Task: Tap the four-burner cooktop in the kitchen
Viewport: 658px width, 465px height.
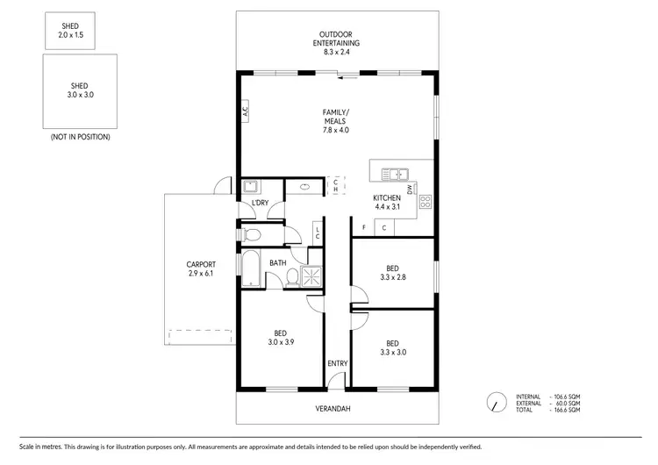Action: coord(426,203)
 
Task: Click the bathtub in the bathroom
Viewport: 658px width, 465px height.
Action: coord(249,268)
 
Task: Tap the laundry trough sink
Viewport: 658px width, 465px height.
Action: coord(249,186)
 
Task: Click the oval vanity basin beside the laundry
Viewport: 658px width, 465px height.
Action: coord(304,186)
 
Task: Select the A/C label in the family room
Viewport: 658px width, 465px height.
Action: coord(246,112)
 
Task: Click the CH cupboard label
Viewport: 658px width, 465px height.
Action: coord(335,186)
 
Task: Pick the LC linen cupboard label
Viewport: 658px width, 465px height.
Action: coord(317,232)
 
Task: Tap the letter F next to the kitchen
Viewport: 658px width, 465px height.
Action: coord(363,228)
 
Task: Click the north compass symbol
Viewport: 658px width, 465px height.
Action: coord(497,401)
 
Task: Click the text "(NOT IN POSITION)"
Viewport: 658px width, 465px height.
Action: coord(80,137)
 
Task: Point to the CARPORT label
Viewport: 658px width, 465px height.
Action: coord(201,264)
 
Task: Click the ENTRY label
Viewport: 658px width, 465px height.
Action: coord(337,363)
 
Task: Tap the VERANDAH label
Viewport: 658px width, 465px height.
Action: coord(337,409)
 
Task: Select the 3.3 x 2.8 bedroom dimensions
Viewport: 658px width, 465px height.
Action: coord(393,278)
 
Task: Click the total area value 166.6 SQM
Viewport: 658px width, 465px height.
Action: coord(567,410)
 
